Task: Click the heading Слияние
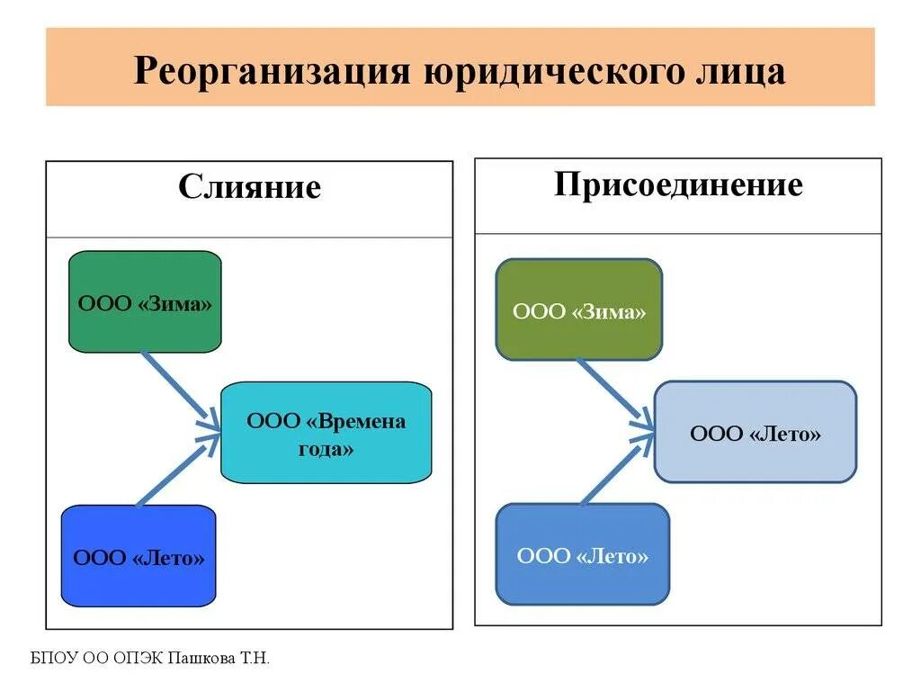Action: tap(249, 187)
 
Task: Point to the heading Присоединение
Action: tap(678, 184)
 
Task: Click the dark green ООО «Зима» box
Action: tap(145, 301)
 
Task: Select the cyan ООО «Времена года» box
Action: tap(326, 433)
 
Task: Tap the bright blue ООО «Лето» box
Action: tap(139, 557)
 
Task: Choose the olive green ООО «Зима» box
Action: tap(579, 310)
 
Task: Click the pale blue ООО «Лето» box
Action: tap(755, 433)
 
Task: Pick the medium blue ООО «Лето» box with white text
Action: tap(582, 554)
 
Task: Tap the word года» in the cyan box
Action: tap(326, 448)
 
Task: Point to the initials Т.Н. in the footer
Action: tap(254, 660)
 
